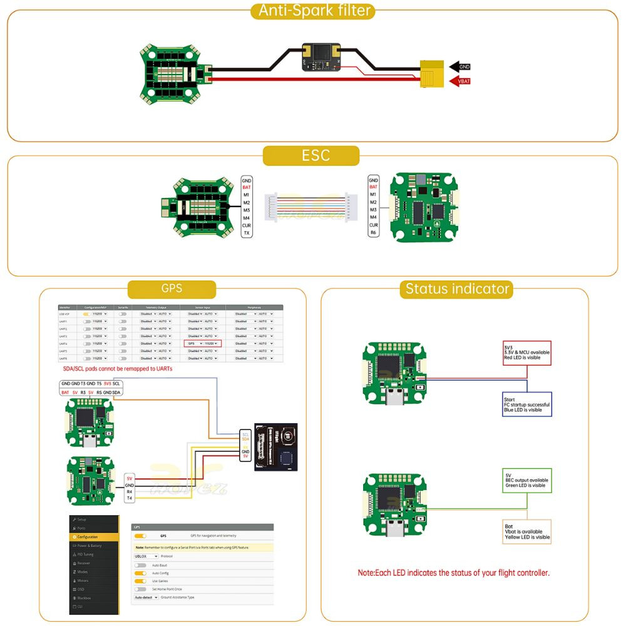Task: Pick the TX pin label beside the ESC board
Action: [x=247, y=233]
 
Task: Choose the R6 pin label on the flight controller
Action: [x=374, y=233]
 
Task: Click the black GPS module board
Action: [x=275, y=447]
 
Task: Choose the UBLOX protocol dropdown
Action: [x=145, y=556]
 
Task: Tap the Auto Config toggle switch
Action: [x=141, y=573]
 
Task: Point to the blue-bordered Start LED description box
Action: [x=526, y=404]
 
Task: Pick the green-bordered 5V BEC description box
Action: [x=526, y=480]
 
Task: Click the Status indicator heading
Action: [x=458, y=289]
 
